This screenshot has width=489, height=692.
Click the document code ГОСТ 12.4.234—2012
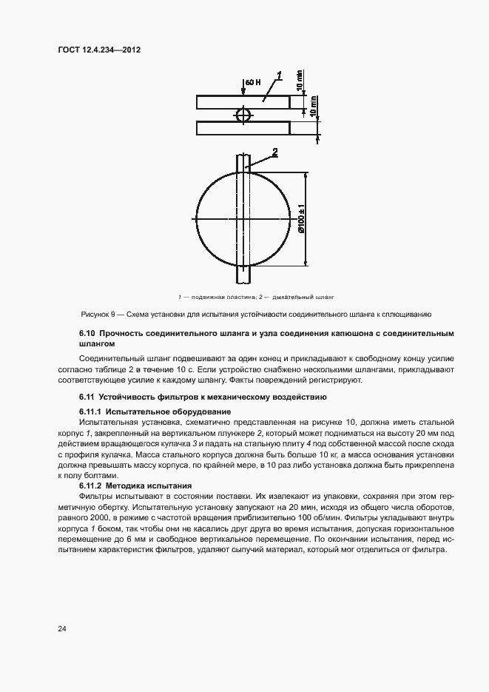point(99,50)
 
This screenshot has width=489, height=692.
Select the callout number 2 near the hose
point(274,152)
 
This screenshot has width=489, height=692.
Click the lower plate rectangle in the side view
point(243,128)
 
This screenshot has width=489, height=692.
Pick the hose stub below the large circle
point(243,275)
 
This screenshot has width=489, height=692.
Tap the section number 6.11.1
point(90,411)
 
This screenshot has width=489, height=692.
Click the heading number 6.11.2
point(90,485)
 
